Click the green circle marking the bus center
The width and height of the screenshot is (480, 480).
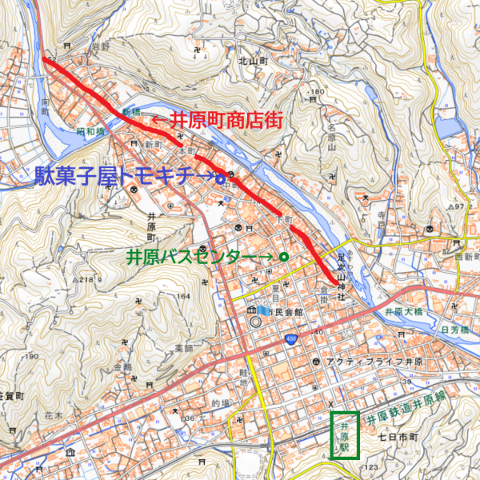pos(283,256)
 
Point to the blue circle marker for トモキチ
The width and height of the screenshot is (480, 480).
pos(219,179)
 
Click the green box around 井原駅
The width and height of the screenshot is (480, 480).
pos(345,436)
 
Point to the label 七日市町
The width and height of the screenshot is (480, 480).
pos(398,438)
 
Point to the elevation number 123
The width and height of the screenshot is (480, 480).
pos(370,466)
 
